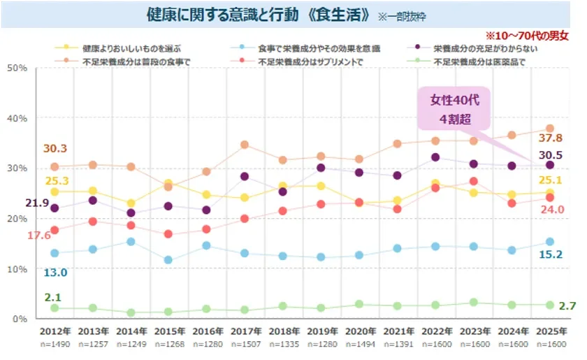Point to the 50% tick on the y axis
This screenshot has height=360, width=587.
point(17,68)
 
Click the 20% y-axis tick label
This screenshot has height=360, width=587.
point(17,219)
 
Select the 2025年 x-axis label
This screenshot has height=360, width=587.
point(549,332)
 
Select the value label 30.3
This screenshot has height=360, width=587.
point(55,148)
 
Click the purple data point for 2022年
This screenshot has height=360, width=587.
point(435,157)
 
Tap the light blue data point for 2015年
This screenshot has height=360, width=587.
point(168,260)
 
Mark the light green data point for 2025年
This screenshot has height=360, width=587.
point(549,305)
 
